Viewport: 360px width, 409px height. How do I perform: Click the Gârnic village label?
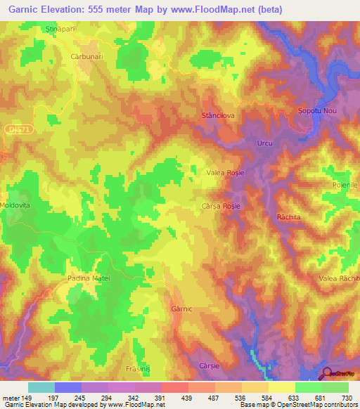click(x=181, y=309)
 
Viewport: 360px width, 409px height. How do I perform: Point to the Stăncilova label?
click(x=217, y=114)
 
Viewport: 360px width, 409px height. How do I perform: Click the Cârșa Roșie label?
click(x=222, y=206)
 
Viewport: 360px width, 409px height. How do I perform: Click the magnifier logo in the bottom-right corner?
click(x=328, y=373)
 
